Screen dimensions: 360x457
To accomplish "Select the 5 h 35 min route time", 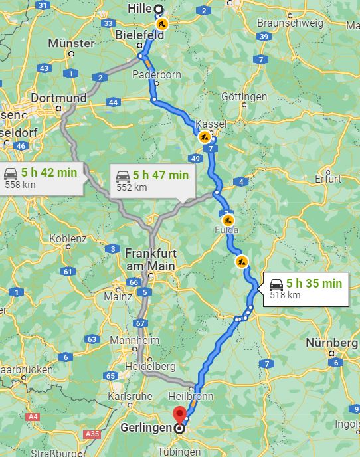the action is (314, 284).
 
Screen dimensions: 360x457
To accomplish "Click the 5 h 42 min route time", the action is (49, 173).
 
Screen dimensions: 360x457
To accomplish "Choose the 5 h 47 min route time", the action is (161, 175).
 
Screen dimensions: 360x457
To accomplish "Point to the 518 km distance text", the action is (285, 296).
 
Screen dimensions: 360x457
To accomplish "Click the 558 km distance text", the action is (20, 185).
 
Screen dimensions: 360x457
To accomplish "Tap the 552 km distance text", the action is (132, 187).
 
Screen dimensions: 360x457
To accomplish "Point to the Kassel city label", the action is (211, 124).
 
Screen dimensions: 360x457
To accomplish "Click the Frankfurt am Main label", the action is (150, 260).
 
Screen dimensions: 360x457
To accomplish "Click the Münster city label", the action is (71, 43).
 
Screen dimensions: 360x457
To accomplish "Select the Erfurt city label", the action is (328, 179).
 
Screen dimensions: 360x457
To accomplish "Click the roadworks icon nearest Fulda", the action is (228, 219).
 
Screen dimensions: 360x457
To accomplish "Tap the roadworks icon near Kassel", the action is (205, 137).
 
